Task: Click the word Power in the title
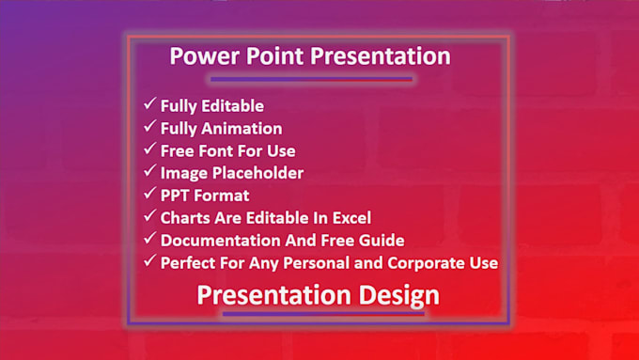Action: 205,55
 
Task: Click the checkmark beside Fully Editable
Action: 149,103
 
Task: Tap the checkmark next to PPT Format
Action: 149,194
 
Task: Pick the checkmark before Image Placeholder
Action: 149,171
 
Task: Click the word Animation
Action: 242,129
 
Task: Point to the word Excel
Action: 351,218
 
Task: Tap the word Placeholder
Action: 258,173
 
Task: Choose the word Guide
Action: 382,241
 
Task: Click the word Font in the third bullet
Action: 215,151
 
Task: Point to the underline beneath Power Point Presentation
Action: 311,79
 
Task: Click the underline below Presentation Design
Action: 323,314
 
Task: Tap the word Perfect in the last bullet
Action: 188,263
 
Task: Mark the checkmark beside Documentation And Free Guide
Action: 149,238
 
